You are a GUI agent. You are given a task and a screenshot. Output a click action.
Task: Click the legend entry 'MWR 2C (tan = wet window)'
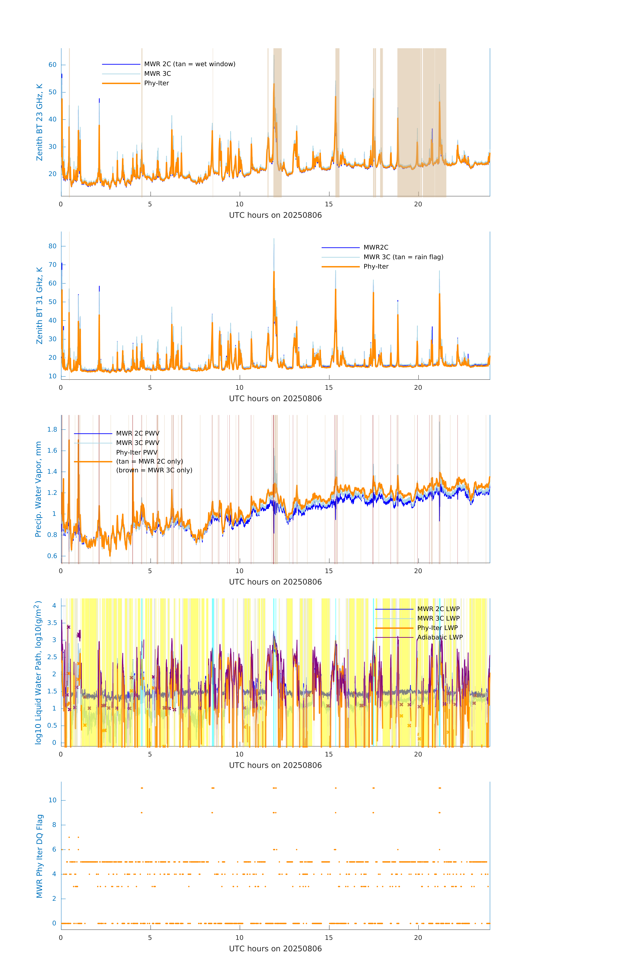click(189, 64)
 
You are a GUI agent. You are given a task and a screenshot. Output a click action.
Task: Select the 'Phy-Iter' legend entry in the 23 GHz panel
click(156, 83)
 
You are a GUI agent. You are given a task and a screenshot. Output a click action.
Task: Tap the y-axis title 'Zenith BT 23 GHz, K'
click(39, 122)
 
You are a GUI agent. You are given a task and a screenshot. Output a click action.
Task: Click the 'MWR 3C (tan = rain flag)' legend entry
click(403, 257)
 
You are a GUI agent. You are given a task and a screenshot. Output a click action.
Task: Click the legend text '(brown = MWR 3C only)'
click(154, 470)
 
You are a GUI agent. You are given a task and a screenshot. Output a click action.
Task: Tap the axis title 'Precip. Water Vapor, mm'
click(38, 489)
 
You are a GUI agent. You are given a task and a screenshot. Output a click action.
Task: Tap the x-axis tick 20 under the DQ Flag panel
click(418, 938)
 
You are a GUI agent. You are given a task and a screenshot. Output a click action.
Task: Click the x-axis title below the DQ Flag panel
click(275, 949)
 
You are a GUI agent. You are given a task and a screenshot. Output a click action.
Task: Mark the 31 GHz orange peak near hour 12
click(274, 272)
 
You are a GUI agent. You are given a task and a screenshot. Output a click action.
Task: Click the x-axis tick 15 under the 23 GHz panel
click(328, 204)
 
